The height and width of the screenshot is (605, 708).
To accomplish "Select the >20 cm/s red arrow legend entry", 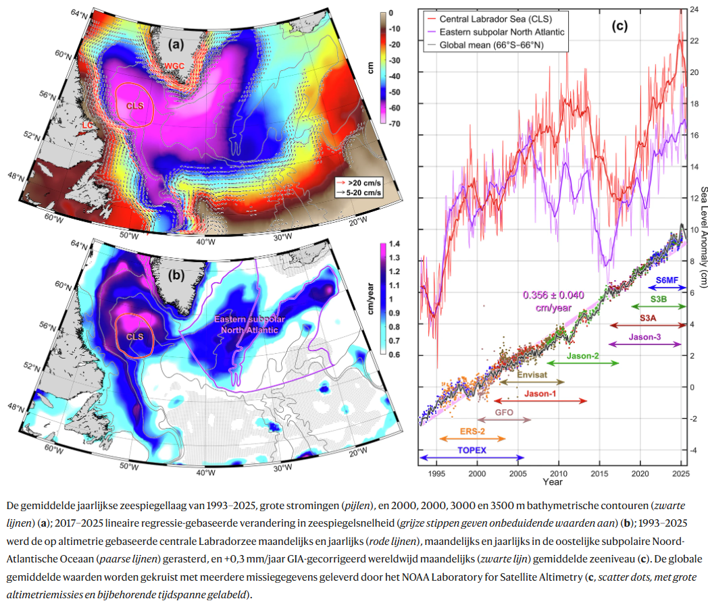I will point(359,183).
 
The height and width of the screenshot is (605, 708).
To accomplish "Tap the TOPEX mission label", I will point(472,450).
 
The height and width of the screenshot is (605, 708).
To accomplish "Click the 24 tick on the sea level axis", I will point(694,10).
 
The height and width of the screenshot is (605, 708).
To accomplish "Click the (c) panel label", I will point(619,27).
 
